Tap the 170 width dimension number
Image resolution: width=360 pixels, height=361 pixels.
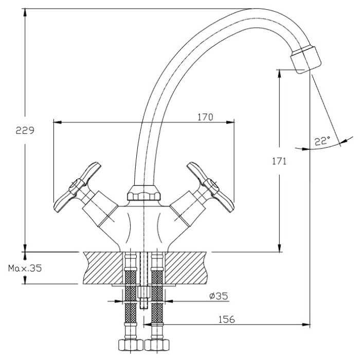[205, 117]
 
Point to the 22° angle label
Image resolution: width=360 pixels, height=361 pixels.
[322, 141]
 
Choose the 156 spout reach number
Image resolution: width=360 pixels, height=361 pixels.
[226, 320]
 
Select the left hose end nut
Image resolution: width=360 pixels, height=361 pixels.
[129, 345]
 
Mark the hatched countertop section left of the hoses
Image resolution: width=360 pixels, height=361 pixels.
[102, 267]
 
